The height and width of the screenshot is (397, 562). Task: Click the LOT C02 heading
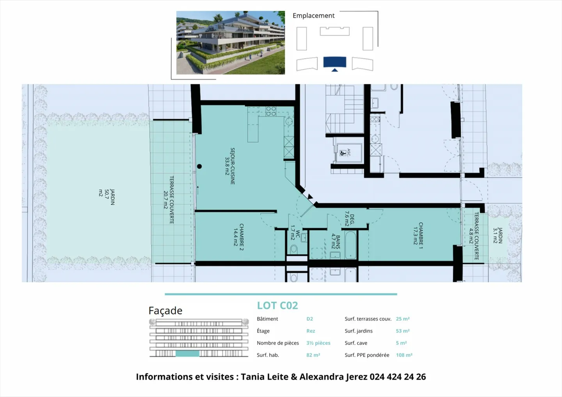click(277, 305)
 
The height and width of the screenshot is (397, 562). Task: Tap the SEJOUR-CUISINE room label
click(230, 166)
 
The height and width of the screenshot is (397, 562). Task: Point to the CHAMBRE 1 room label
click(418, 235)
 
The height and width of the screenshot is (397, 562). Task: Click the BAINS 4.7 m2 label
click(336, 242)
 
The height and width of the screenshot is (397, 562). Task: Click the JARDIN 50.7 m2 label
click(107, 197)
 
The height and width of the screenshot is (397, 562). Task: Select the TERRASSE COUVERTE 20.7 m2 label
click(169, 200)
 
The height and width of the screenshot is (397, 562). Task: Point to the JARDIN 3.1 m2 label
click(498, 236)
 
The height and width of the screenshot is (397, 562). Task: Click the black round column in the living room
click(199, 167)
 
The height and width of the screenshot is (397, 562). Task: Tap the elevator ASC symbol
click(345, 153)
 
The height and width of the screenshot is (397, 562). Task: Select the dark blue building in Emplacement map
click(334, 62)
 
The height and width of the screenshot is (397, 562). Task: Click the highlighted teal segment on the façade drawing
click(187, 354)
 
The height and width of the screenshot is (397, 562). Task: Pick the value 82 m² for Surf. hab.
click(313, 355)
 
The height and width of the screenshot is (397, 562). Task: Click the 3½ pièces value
click(318, 343)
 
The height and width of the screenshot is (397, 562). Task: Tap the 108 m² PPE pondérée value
click(404, 355)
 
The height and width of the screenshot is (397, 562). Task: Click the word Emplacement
click(313, 16)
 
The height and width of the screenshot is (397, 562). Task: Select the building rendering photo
click(230, 43)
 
